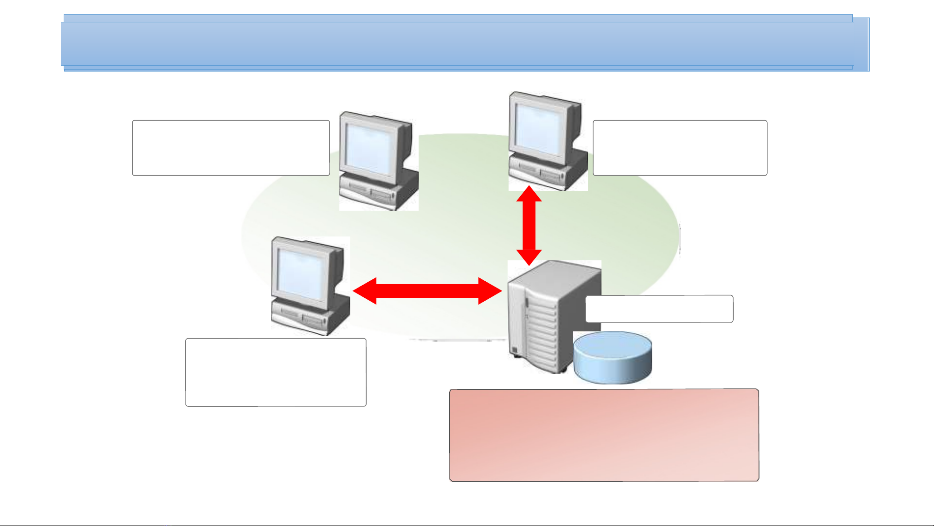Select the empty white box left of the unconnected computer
tap(230, 148)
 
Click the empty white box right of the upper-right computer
tap(680, 148)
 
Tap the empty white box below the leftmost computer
tap(276, 372)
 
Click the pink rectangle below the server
tap(604, 435)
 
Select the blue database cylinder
tap(613, 358)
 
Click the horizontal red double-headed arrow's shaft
tap(427, 291)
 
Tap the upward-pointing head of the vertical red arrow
tap(529, 194)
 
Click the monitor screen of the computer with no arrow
tap(370, 148)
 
